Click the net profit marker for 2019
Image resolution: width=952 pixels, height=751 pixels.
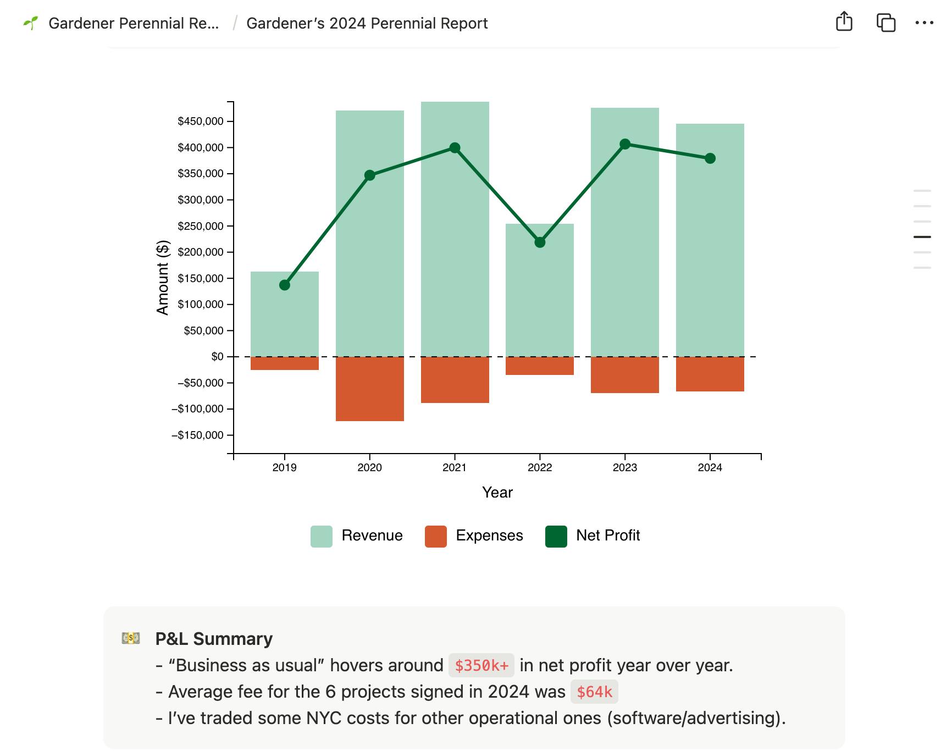(x=284, y=285)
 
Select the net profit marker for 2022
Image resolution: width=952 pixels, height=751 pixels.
(x=540, y=242)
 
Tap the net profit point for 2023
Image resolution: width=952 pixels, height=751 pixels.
(x=625, y=144)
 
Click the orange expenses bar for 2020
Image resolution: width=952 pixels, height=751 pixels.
(x=369, y=389)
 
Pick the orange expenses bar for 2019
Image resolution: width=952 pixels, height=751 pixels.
(x=284, y=363)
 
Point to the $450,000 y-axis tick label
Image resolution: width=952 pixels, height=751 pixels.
(x=200, y=122)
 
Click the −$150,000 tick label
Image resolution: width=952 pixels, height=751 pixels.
(x=197, y=435)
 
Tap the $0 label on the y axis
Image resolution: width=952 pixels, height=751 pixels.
(x=217, y=357)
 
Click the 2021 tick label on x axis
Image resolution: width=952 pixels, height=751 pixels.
(x=454, y=468)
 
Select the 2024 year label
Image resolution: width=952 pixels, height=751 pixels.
(x=710, y=468)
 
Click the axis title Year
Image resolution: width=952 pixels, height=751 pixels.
(x=497, y=493)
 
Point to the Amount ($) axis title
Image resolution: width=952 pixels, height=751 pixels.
(x=163, y=278)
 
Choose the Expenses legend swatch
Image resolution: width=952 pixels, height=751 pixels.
(x=435, y=536)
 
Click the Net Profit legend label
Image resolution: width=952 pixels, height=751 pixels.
(x=607, y=535)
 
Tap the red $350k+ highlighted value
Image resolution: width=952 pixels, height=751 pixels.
(x=481, y=666)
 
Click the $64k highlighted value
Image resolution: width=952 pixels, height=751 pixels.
(x=594, y=692)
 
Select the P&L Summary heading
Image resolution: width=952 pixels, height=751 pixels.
(x=214, y=639)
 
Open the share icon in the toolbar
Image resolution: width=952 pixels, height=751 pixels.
(x=844, y=23)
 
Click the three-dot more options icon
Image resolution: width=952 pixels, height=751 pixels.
(x=924, y=23)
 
